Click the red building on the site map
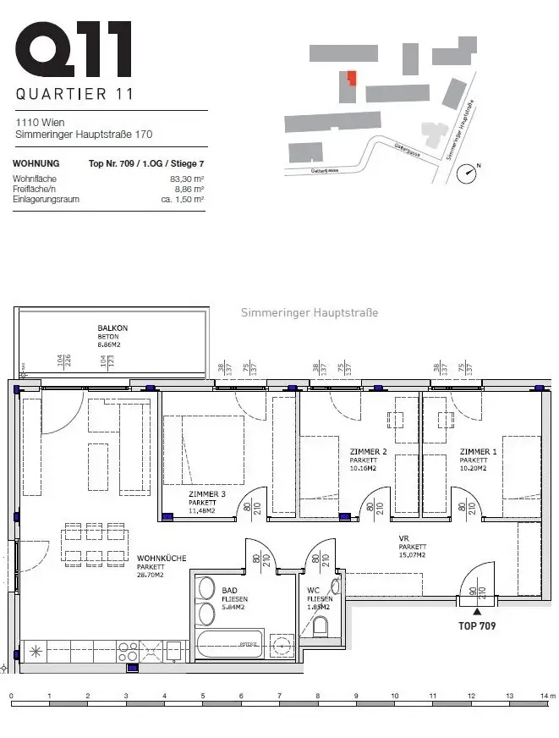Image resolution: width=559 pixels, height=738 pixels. pos(350,79)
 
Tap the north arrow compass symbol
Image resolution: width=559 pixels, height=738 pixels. pos(466,173)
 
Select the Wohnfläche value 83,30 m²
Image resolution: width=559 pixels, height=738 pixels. pos(186,179)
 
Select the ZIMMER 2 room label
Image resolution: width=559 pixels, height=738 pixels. pos(368,452)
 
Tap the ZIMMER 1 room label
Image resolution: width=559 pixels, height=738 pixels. pos(479,452)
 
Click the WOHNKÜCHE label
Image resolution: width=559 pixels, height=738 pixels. pos(161,559)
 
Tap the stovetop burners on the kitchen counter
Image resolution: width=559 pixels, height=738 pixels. pos(129,652)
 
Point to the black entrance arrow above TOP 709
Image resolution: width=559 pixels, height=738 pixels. pos(477,610)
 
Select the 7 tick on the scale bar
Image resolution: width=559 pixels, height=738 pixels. pos(280,697)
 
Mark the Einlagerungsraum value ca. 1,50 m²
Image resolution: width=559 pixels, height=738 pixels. pos(182,200)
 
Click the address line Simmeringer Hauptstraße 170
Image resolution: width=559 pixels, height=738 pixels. pos(84,134)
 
